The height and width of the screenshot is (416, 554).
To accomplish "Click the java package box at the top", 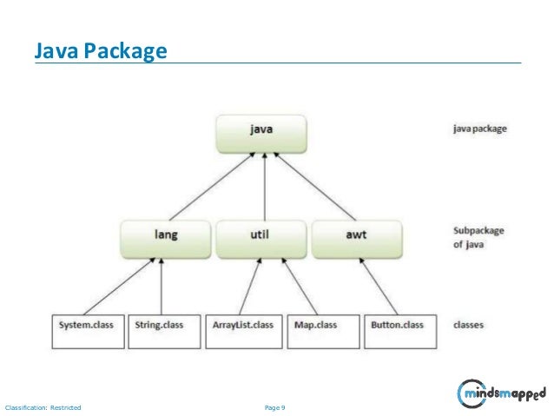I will pos(261,130).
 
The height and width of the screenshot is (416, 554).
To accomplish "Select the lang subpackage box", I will pos(165,235).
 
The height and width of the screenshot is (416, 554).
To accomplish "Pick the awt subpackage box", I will pos(356,235).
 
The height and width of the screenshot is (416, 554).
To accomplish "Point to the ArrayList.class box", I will pos(242,325).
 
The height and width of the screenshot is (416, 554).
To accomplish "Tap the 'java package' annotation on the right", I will pos(479,129).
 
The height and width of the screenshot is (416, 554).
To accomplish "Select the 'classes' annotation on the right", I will pos(469,326).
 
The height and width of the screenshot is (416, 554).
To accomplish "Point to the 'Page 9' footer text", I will pos(278,406).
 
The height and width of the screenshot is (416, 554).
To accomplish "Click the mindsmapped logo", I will pos(501,395).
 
